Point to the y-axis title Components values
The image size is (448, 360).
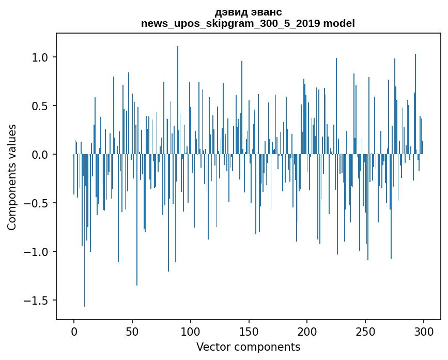pos(12,177)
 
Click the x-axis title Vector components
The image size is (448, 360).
pos(248,347)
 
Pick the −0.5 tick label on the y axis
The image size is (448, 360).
pos(37,203)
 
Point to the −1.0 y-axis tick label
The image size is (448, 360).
pos(37,252)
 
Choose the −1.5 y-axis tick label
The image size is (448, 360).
pos(37,301)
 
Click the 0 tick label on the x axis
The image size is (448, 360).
pos(74,331)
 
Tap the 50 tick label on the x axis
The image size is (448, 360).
pos(132,331)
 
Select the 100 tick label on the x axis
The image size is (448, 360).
pos(191,331)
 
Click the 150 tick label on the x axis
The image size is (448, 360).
pos(249,331)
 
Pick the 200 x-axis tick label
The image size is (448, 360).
pos(307,331)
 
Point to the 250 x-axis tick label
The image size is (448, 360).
pos(366,331)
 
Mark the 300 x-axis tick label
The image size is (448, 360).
pos(424,331)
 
